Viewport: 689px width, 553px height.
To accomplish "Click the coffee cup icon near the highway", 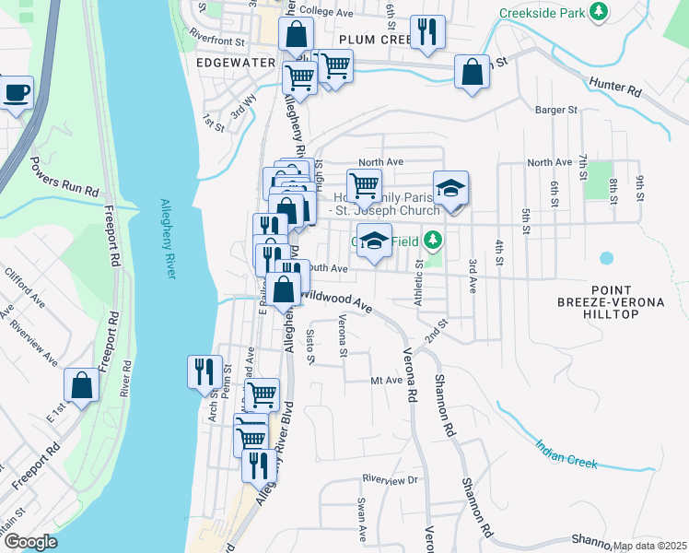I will (17, 93).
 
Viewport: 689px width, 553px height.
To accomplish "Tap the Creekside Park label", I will (542, 14).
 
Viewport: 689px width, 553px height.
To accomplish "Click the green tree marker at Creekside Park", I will (600, 11).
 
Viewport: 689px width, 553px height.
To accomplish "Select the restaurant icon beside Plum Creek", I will (427, 32).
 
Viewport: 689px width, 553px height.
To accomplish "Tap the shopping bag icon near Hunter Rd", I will (473, 72).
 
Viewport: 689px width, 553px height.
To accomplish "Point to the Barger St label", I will (555, 109).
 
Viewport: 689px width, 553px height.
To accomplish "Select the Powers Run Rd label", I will (64, 176).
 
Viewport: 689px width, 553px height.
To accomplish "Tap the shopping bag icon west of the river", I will (81, 385).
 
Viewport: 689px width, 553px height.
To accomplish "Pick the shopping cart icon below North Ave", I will (365, 184).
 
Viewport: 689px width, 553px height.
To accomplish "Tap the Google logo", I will (29, 542).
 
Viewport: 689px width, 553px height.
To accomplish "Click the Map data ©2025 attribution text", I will (649, 546).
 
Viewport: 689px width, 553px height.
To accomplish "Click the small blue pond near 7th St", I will (606, 258).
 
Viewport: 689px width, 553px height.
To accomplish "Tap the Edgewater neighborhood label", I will (236, 62).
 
